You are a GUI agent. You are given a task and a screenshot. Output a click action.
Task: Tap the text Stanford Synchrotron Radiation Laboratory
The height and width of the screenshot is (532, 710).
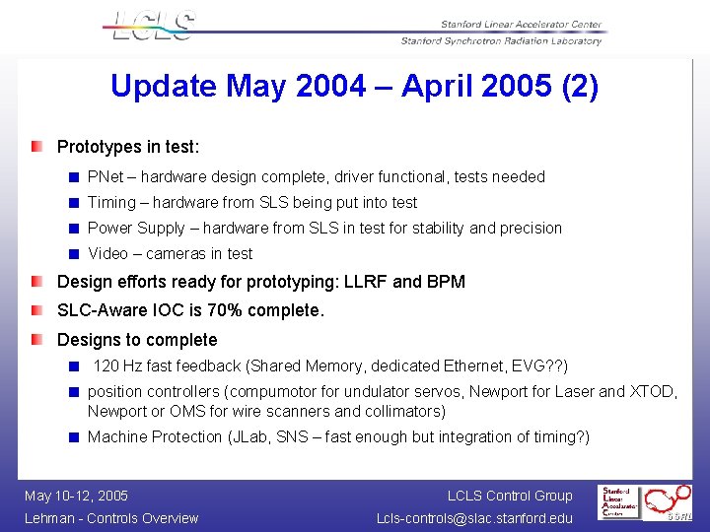tap(501, 41)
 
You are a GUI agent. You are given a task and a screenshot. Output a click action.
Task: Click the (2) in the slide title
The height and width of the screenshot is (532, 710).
tap(579, 87)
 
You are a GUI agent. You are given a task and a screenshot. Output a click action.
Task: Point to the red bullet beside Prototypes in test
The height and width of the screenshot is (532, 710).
tap(36, 147)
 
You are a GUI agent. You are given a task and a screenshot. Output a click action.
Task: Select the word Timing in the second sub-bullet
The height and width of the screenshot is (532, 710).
tap(111, 203)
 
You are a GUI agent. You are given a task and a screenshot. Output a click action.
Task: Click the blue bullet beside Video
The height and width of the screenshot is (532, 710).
tap(73, 254)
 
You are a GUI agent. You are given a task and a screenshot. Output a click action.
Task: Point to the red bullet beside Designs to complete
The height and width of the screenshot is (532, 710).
tap(36, 340)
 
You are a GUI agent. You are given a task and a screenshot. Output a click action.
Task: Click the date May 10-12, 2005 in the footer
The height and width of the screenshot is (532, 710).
tap(76, 496)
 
